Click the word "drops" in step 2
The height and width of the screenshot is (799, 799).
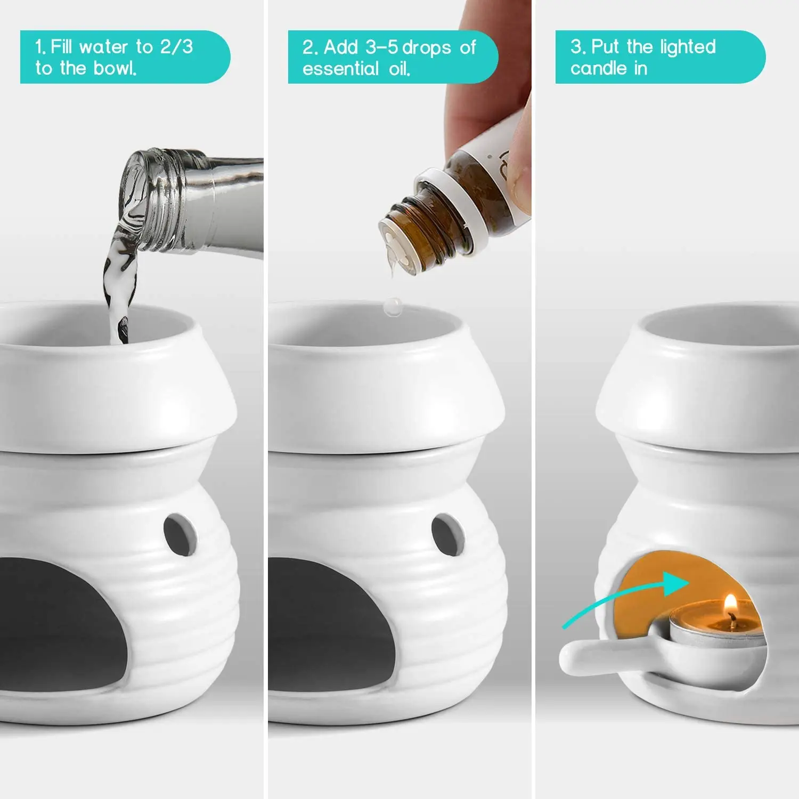coord(427,48)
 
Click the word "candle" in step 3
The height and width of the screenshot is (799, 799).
coord(599,68)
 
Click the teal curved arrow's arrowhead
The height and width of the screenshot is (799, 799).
coord(676,582)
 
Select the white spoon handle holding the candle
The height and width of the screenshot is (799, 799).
coord(591,654)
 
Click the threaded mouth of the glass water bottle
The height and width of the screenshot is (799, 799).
coord(160,200)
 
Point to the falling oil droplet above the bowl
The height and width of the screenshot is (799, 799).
coord(393,306)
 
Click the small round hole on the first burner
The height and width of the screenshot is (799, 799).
coord(180,534)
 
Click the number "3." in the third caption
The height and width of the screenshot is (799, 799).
coord(578,47)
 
